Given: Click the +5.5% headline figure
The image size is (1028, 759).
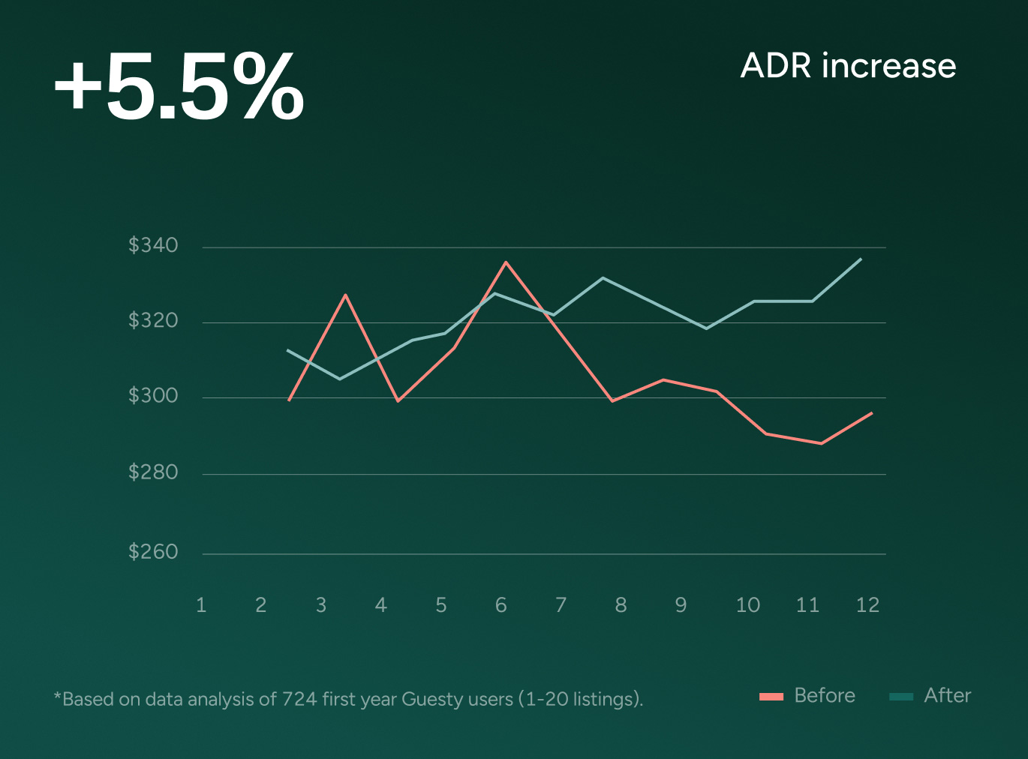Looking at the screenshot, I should (x=179, y=86).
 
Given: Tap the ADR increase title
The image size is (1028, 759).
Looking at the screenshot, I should (x=848, y=66).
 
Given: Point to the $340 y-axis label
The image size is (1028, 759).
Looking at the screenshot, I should (x=153, y=245).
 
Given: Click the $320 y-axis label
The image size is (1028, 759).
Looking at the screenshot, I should (x=153, y=321).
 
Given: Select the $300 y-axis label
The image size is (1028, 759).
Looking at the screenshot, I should (x=153, y=396).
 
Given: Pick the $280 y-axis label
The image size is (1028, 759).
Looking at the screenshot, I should (x=153, y=472).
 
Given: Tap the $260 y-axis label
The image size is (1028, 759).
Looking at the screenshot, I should (x=153, y=552).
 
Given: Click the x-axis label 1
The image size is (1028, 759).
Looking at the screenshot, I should (x=201, y=605).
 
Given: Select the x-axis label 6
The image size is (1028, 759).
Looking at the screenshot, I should (x=500, y=605).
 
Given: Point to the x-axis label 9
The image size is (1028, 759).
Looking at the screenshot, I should (x=681, y=605).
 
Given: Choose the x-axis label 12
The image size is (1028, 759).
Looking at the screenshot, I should (x=867, y=605).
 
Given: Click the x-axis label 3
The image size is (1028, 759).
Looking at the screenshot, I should (x=321, y=605).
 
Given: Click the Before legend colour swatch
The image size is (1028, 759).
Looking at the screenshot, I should (x=771, y=697).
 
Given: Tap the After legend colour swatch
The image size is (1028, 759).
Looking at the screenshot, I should (x=901, y=697).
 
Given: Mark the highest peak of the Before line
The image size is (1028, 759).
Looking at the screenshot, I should (x=506, y=262).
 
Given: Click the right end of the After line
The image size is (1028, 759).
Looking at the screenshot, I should (x=861, y=259).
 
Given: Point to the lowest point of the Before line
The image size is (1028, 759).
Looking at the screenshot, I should (x=822, y=443).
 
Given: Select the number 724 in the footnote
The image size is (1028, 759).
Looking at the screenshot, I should (x=299, y=699).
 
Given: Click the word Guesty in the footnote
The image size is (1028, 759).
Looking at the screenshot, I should (x=431, y=699).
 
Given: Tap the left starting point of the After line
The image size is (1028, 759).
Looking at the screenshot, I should (x=287, y=350).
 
